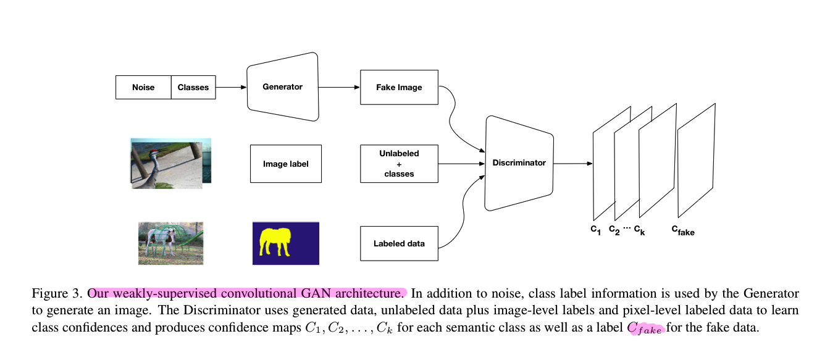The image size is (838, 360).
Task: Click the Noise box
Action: (x=143, y=87)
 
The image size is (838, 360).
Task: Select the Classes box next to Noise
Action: (x=193, y=87)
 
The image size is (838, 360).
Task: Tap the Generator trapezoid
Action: (x=283, y=87)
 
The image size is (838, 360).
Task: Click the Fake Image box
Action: (x=399, y=87)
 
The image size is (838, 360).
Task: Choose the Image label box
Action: (x=285, y=164)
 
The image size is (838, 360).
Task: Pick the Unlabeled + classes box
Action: (x=399, y=164)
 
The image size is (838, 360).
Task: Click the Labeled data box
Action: (x=399, y=243)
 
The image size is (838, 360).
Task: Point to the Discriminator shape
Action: (x=519, y=163)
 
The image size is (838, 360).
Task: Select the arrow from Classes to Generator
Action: (x=231, y=87)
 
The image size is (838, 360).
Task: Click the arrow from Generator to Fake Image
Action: (x=339, y=87)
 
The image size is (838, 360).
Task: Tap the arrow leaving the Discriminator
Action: (x=573, y=164)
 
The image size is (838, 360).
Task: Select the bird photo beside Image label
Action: (x=170, y=163)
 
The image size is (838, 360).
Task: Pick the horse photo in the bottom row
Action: (x=170, y=243)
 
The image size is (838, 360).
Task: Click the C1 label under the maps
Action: (x=595, y=230)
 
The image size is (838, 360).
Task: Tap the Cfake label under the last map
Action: (x=683, y=230)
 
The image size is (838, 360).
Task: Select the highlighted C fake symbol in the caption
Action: (x=645, y=329)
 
